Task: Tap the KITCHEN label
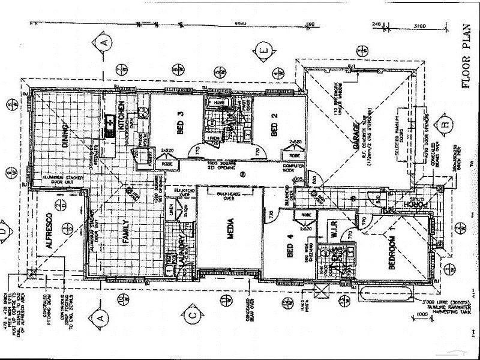121,116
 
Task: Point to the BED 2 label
274,129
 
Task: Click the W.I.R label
335,231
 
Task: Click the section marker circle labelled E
264,50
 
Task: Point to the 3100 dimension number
419,25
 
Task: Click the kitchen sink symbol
110,125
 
